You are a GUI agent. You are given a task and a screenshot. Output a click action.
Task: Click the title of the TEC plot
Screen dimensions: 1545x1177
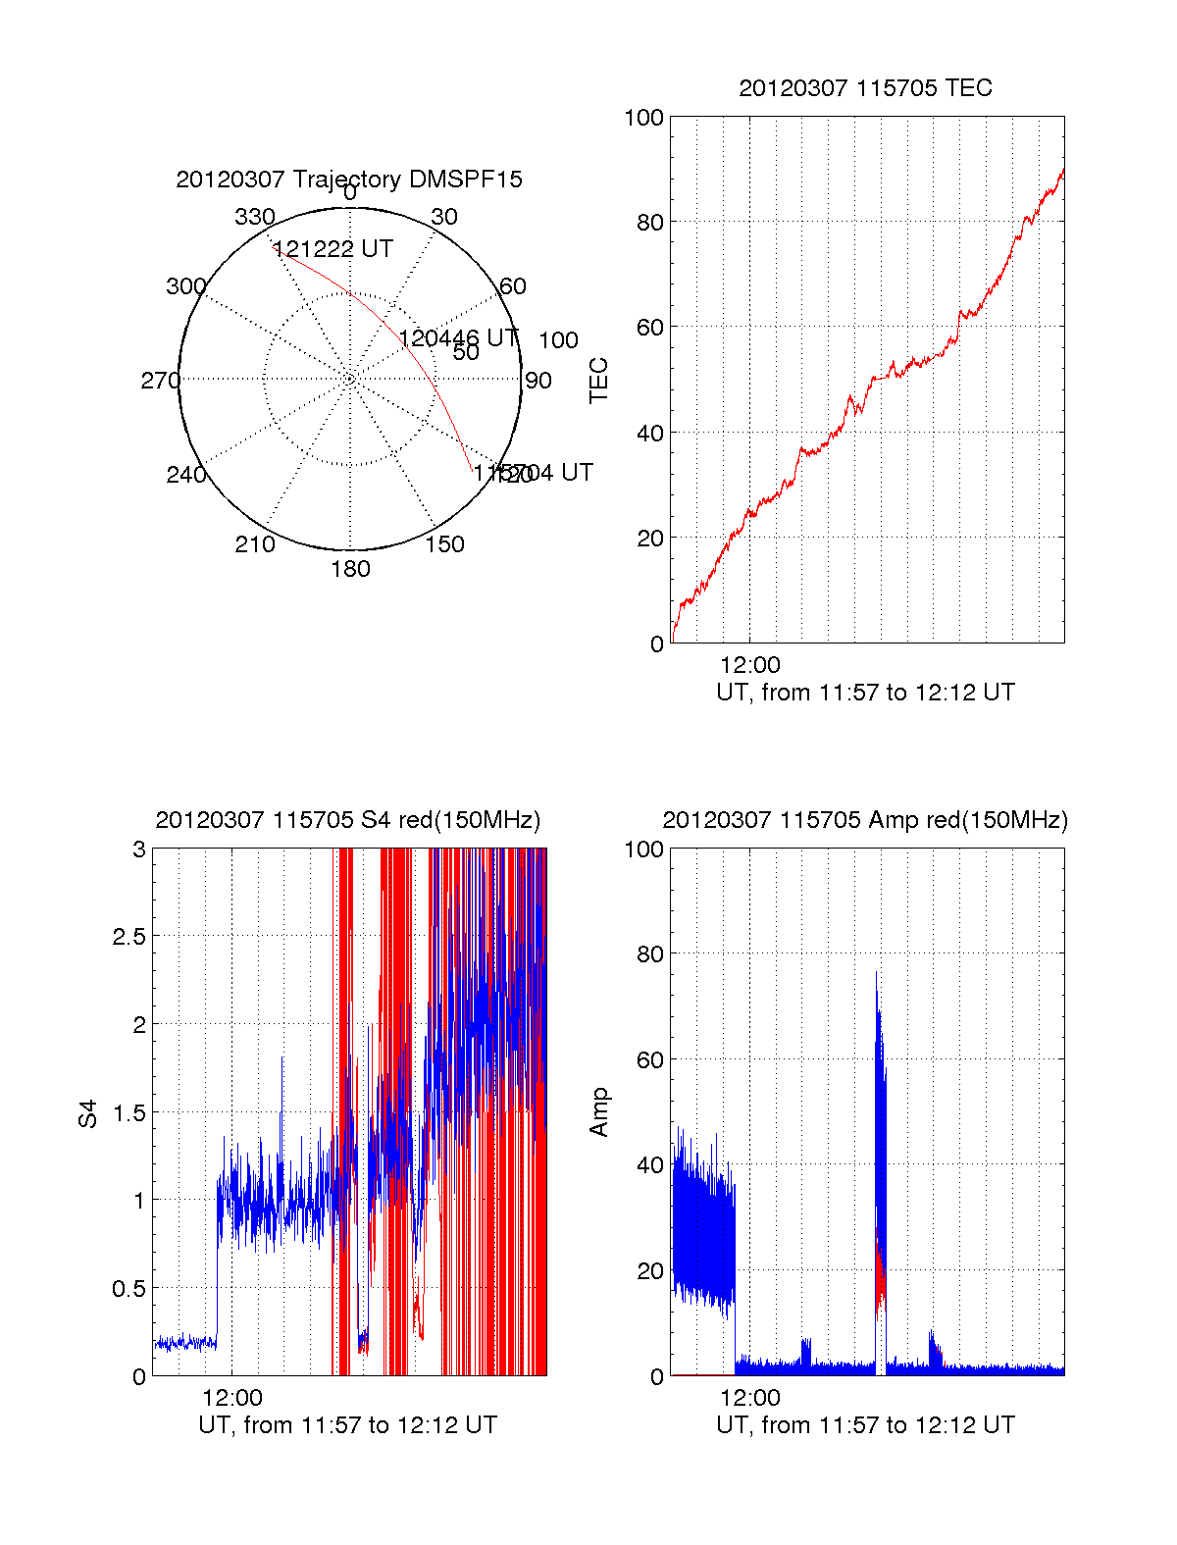pos(865,88)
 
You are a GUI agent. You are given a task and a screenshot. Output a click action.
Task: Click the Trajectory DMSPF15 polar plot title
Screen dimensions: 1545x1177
pos(349,180)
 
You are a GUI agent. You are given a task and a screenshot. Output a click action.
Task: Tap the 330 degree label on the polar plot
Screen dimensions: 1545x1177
pos(255,217)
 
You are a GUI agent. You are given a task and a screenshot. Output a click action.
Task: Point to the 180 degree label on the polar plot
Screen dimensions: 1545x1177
pos(350,569)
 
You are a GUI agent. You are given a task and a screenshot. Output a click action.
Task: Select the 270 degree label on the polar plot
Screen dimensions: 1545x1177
pos(160,381)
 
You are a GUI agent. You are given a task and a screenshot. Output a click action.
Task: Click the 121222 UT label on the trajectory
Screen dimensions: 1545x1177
pos(333,249)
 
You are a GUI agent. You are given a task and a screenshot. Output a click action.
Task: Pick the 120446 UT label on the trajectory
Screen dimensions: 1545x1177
pos(459,338)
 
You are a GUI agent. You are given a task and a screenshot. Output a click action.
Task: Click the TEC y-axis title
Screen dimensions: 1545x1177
pos(598,381)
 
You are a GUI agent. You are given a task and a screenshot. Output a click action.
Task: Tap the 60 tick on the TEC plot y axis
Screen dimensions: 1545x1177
pos(649,328)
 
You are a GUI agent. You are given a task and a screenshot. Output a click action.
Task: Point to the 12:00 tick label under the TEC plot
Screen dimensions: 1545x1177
pos(749,665)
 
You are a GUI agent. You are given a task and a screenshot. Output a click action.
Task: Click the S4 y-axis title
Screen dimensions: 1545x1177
pos(88,1113)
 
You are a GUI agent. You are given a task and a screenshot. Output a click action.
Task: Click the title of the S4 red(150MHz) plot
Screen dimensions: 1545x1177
pos(348,820)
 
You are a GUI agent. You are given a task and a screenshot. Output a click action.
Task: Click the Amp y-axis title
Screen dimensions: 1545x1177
pos(598,1112)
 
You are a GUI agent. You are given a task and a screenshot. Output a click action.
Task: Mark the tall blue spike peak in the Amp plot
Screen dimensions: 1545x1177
pos(877,973)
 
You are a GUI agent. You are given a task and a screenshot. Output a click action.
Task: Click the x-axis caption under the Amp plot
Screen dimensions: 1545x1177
pos(865,1425)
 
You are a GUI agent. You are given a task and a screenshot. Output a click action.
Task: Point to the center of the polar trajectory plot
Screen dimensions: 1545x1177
pos(350,379)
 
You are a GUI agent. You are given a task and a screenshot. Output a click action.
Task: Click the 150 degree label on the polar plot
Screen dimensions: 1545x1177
pos(444,544)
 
